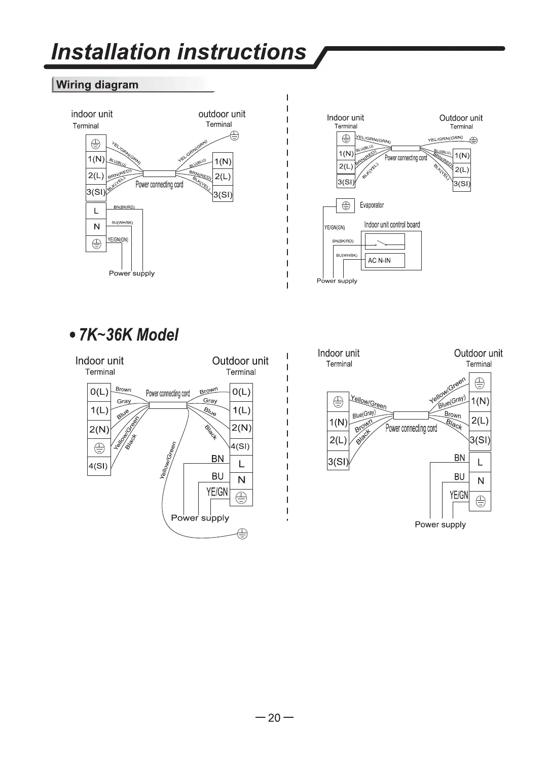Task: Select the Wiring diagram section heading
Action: (97, 85)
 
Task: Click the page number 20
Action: (274, 718)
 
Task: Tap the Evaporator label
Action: (372, 205)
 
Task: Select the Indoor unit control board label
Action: (392, 225)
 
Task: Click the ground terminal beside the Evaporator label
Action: (346, 205)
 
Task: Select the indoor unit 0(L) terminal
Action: (99, 392)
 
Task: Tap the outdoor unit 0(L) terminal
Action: (241, 392)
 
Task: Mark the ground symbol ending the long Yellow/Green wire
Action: (243, 533)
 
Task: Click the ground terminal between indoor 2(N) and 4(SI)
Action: (99, 447)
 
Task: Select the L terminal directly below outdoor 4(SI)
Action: (241, 464)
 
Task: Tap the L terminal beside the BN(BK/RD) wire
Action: (96, 211)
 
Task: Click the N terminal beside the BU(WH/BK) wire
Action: (96, 227)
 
